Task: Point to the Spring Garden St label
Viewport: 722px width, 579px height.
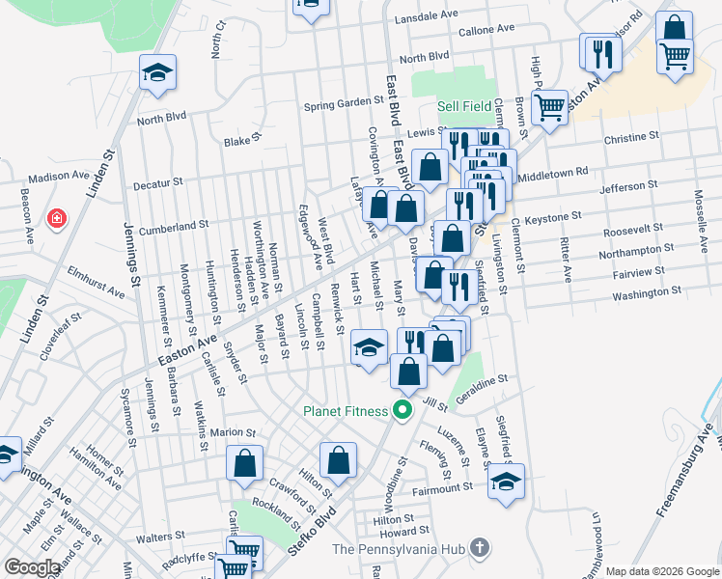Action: coord(345,103)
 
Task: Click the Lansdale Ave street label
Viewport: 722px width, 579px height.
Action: coord(427,15)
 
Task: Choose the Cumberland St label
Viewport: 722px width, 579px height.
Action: coord(174,226)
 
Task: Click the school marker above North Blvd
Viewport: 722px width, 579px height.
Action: coord(157,74)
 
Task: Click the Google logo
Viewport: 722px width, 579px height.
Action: coord(32,567)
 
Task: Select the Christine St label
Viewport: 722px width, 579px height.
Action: coord(631,138)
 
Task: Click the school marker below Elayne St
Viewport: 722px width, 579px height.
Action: coord(506,480)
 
